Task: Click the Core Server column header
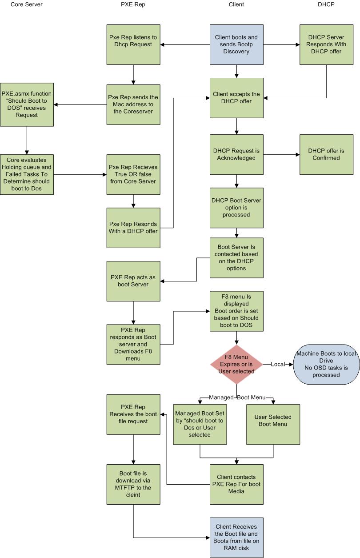26,4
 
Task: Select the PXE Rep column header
133,4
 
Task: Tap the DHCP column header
326,4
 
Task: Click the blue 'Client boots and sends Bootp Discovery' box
236,44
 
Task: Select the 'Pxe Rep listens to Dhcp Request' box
133,44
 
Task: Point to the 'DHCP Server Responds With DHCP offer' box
326,44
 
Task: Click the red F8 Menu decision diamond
236,364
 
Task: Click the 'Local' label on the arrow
278,364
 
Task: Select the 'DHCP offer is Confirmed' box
326,154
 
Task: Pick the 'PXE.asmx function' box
27,104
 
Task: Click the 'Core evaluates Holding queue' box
27,174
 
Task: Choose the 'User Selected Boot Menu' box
273,424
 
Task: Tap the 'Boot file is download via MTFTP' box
133,484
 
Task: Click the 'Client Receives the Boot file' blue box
236,538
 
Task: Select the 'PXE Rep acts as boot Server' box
133,281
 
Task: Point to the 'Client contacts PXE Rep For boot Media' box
236,484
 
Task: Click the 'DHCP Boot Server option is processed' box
236,208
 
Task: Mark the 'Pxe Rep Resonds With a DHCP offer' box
133,228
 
